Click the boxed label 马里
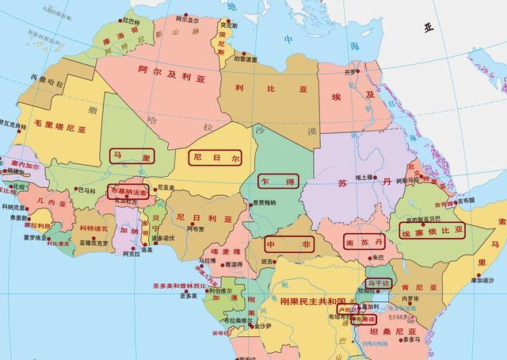click(x=132, y=157)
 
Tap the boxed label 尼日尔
click(x=214, y=157)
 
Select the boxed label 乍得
click(x=278, y=182)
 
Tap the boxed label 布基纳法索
click(x=128, y=192)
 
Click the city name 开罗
click(x=352, y=73)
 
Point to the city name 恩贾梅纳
click(x=265, y=204)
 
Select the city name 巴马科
click(x=84, y=190)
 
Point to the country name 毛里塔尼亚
click(x=59, y=126)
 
